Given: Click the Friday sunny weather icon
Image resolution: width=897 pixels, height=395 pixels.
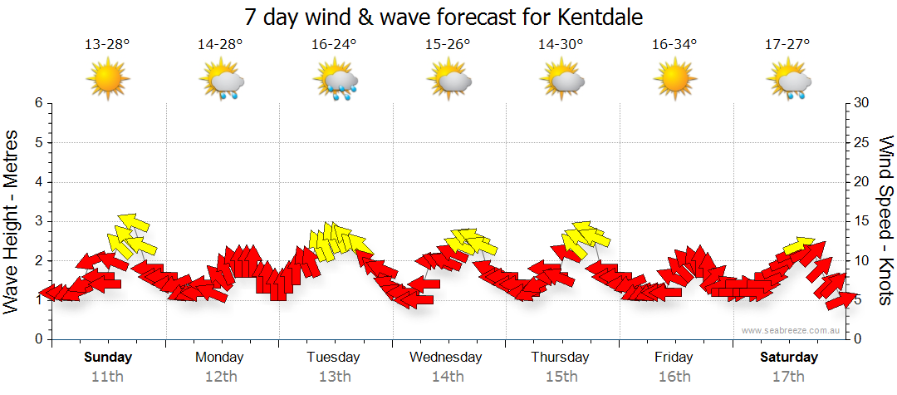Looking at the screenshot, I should coord(674,79).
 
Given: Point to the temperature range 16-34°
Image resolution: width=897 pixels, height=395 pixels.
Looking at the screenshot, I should coord(674,45).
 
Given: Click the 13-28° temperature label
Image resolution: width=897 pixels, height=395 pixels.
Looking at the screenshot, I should coord(108,45).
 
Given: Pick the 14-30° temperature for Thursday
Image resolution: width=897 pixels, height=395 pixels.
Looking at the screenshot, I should coord(561,45).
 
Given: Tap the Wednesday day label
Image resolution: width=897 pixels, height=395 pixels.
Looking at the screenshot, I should coord(446,358).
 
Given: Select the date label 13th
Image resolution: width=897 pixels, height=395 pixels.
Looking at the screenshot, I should coord(334,377).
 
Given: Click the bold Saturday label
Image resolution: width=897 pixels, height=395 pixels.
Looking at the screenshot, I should coord(788,358).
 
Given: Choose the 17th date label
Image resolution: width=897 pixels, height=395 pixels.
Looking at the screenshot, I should coord(788,377).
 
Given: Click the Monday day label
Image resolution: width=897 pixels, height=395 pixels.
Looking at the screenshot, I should coord(219,358).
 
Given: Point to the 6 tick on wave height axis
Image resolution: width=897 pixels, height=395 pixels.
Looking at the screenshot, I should coord(38,103).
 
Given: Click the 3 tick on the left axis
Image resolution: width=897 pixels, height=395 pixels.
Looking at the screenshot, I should coord(38,221).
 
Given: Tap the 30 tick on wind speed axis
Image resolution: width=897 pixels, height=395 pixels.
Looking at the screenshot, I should coord(862,103).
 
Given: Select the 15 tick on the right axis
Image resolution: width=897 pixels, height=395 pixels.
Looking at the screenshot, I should coord(862,221).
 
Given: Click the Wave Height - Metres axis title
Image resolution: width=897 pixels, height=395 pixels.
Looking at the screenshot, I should coord(12,221).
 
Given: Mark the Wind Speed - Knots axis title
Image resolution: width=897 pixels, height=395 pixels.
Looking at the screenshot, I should coord(885,221).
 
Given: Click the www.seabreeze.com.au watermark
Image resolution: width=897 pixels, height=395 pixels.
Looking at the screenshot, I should coord(792,330).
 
